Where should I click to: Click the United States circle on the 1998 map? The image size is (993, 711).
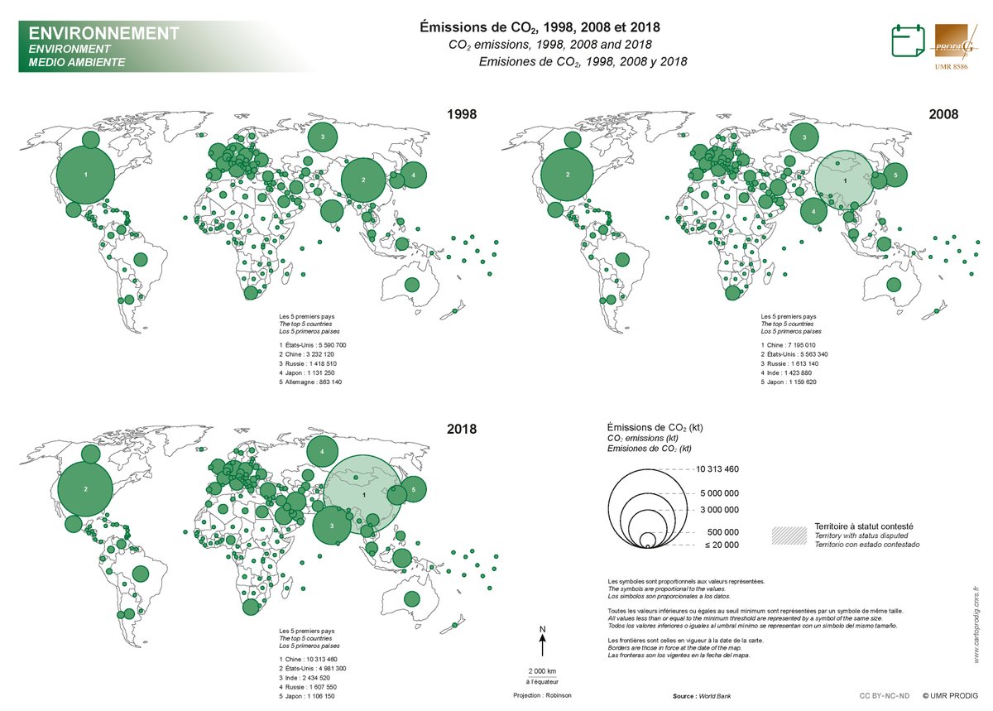[86, 175]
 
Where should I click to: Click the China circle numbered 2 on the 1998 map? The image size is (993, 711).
[363, 180]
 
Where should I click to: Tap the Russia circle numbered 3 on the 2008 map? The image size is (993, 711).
[803, 137]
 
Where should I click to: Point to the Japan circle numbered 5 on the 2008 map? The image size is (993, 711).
[895, 175]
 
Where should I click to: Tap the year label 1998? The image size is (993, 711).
[462, 114]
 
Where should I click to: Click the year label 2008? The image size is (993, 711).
[943, 114]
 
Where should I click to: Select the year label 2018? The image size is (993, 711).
[462, 430]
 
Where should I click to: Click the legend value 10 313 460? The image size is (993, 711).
[717, 469]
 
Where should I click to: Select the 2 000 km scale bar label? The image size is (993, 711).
[542, 670]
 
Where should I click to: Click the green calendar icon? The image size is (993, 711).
[907, 41]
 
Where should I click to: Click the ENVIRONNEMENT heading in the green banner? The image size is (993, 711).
[103, 34]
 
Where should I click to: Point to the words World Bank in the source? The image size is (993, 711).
[714, 696]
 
